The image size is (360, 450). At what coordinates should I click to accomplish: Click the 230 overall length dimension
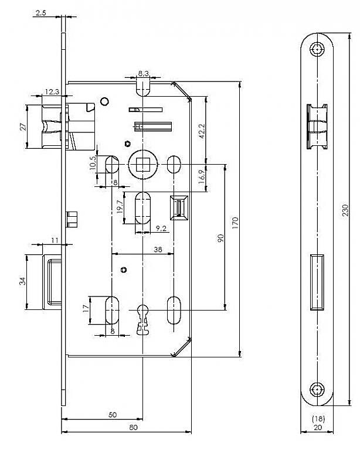pyautogui.click(x=345, y=210)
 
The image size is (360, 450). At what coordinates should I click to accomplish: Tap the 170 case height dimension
pyautogui.click(x=235, y=223)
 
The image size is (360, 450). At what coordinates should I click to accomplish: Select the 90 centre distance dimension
pyautogui.click(x=220, y=238)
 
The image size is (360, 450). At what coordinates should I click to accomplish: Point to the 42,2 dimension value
pyautogui.click(x=202, y=131)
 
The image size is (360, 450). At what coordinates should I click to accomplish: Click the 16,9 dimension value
pyautogui.click(x=202, y=176)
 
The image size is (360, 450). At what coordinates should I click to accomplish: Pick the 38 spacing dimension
pyautogui.click(x=158, y=250)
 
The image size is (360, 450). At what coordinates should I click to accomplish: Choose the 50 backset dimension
pyautogui.click(x=113, y=415)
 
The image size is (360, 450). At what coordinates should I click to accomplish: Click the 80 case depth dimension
pyautogui.click(x=133, y=427)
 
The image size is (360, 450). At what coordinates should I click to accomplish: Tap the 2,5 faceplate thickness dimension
pyautogui.click(x=41, y=13)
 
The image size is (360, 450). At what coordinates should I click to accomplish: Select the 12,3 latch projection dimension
pyautogui.click(x=52, y=91)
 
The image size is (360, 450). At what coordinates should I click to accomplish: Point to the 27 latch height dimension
pyautogui.click(x=23, y=127)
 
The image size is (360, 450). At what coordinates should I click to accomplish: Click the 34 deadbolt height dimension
pyautogui.click(x=22, y=281)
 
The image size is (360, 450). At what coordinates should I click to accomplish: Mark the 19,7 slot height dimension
pyautogui.click(x=120, y=207)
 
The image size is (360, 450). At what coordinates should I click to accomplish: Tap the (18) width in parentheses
pyautogui.click(x=318, y=419)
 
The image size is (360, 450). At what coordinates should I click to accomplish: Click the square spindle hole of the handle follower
pyautogui.click(x=142, y=165)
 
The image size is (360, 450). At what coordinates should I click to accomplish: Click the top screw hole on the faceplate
pyautogui.click(x=317, y=49)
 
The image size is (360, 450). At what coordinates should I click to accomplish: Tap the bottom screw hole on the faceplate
pyautogui.click(x=317, y=390)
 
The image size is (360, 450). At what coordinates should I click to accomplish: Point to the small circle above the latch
pyautogui.click(x=104, y=101)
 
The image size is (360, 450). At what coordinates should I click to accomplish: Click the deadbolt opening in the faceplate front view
pyautogui.click(x=317, y=282)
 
